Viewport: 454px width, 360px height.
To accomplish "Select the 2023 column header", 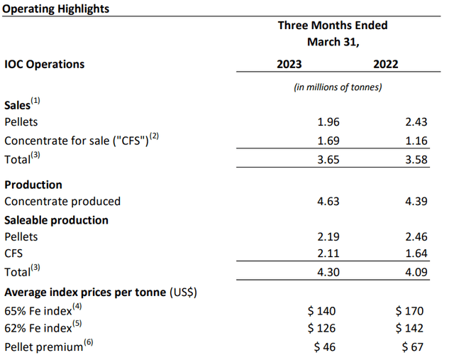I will point(289,64).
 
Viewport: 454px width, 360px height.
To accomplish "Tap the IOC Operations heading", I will point(44,64).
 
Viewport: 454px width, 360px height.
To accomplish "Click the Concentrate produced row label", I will point(62,202).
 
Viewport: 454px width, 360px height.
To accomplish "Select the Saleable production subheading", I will point(56,220).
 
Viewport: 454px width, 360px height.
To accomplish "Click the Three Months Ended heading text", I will point(333,26).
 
